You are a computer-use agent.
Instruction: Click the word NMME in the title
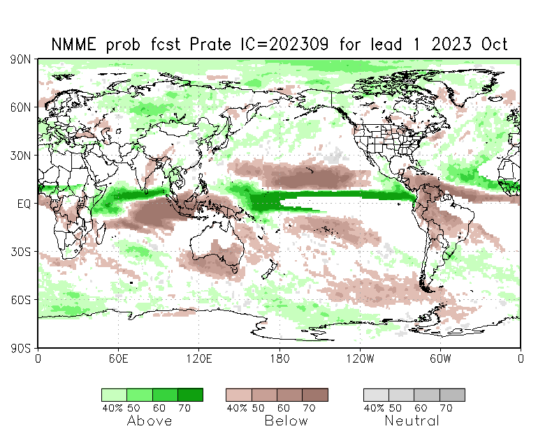click(75, 45)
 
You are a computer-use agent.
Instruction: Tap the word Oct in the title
click(493, 45)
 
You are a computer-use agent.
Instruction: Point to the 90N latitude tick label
click(20, 59)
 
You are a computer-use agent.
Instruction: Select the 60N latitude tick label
click(20, 107)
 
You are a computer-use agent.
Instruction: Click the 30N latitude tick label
click(20, 156)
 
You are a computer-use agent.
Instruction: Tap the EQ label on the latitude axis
click(23, 204)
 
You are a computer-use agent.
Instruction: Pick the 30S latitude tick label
click(20, 252)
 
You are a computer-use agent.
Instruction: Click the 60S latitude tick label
click(20, 300)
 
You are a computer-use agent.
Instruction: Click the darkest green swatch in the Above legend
click(190, 395)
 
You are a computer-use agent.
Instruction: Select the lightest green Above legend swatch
click(114, 395)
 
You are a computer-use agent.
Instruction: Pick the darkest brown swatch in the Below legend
click(315, 395)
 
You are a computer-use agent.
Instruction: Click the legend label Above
click(150, 421)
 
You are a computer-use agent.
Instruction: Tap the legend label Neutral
click(412, 421)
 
